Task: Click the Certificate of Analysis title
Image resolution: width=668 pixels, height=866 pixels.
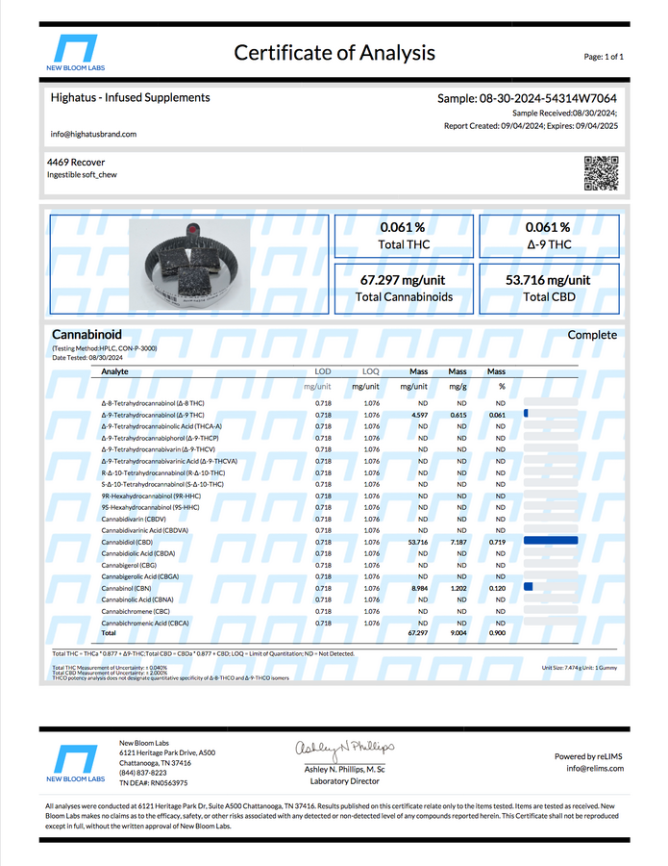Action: coord(334,53)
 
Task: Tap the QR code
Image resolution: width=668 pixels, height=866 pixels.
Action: coord(602,170)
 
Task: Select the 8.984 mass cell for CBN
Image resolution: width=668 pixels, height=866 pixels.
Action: coord(418,587)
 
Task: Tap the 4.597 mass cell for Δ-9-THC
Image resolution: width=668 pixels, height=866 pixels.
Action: coord(418,414)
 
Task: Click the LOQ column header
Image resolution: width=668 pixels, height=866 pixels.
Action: coord(370,370)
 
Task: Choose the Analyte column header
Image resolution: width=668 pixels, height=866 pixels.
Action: coord(114,370)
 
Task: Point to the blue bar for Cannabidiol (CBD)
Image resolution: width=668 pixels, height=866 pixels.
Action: coord(551,542)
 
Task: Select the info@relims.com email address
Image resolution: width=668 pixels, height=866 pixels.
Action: coord(595,768)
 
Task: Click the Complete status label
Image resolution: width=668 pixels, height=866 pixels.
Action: coord(592,335)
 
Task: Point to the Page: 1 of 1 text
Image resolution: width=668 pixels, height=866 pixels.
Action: coord(604,57)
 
